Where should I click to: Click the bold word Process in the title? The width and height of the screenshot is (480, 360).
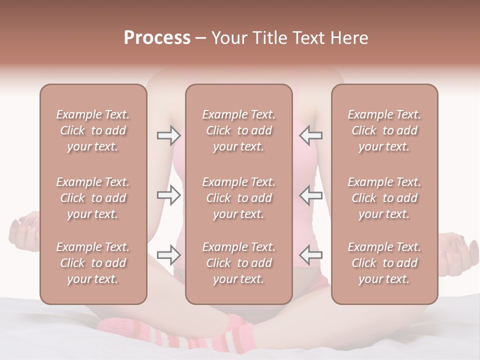coord(157,38)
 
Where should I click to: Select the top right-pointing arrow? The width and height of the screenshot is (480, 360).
coord(168,135)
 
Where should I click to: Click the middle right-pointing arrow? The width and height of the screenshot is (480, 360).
coord(168,195)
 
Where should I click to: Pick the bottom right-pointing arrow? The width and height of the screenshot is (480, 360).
coord(168,255)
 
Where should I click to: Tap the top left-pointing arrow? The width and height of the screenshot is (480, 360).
coord(310,135)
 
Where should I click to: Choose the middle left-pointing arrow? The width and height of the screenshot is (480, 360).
coord(310,195)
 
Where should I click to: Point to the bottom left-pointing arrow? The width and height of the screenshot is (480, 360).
coord(310,255)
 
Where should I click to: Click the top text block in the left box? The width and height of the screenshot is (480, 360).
coord(93,130)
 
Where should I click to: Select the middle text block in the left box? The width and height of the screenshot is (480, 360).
coord(93,198)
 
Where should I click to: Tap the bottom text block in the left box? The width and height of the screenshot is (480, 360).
coord(93,263)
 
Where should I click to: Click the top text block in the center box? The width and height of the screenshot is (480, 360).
coord(238,130)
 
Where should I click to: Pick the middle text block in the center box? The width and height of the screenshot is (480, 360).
coord(238,198)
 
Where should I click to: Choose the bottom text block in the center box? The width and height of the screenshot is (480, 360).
coord(238,263)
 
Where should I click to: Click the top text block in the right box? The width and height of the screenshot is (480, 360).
coord(384,130)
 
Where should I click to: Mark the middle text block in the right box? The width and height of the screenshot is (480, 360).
coord(384,198)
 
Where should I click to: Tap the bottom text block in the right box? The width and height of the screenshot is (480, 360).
coord(384,263)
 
